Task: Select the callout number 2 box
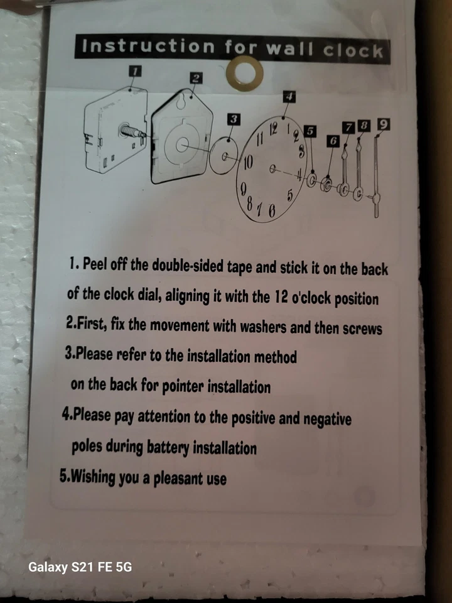tap(196, 77)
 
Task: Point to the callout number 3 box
tap(234, 118)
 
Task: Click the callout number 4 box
tap(289, 97)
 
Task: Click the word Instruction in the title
tap(148, 46)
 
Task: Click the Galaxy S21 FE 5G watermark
tap(80, 567)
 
